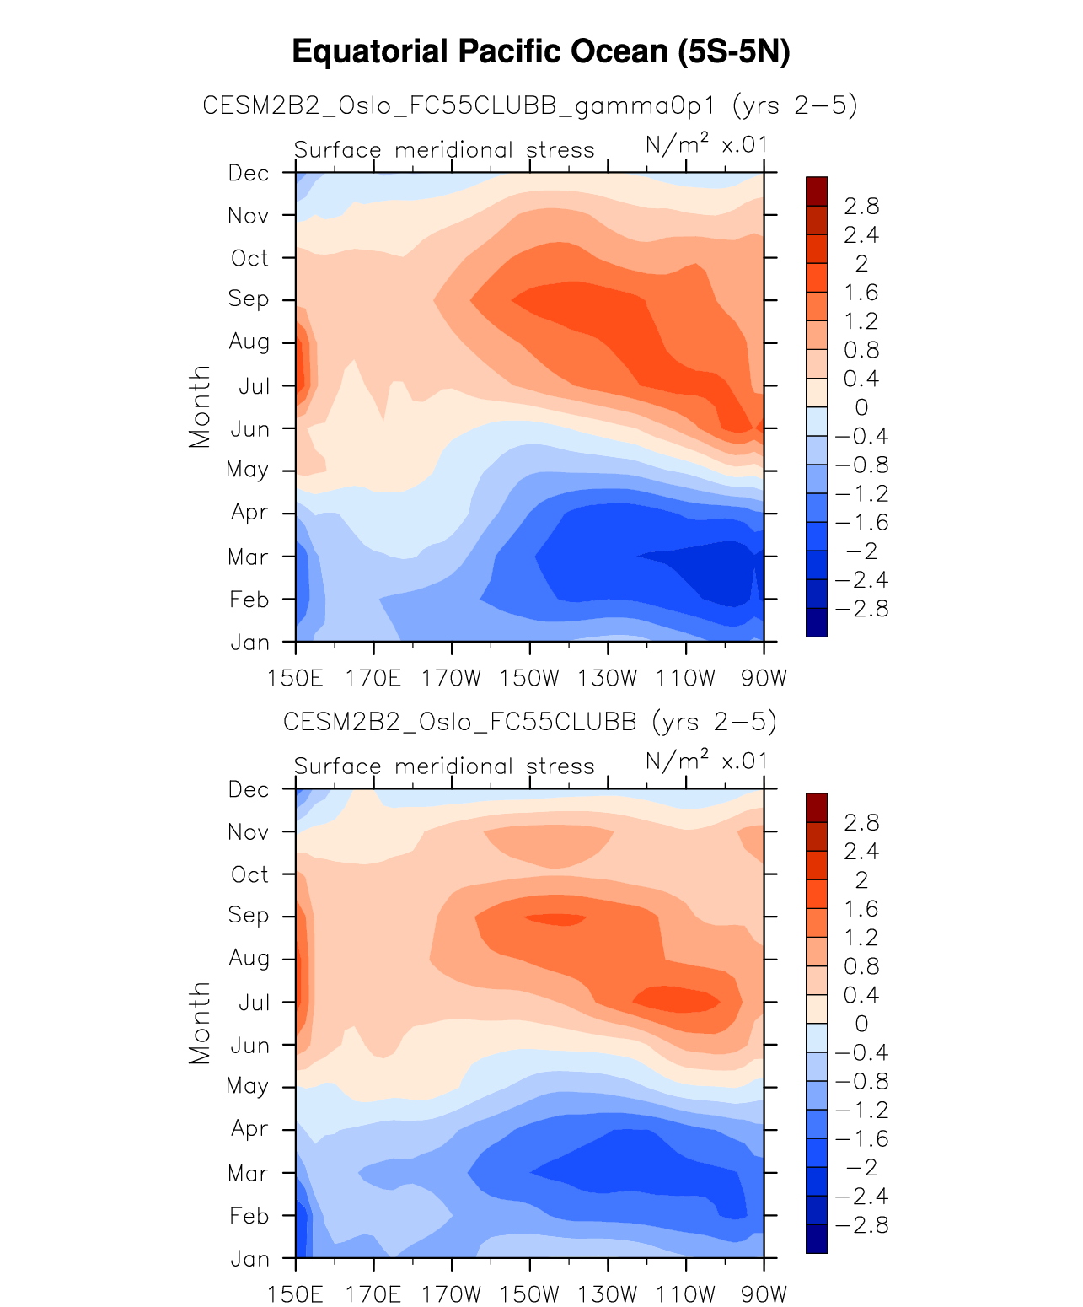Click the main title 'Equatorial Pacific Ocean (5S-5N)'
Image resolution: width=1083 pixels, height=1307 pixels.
(541, 52)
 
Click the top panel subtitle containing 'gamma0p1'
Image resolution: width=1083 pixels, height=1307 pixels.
(530, 105)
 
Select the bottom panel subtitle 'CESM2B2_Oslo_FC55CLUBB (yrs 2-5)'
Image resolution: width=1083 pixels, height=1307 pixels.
(530, 722)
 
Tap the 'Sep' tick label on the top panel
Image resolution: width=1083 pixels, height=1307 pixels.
(249, 299)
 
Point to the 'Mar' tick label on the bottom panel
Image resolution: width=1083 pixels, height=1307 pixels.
(249, 1173)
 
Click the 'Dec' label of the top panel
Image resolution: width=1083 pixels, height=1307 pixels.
(249, 173)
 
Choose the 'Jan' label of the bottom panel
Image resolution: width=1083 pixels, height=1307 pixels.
(250, 1259)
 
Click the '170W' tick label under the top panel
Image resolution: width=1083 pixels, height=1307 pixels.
(452, 678)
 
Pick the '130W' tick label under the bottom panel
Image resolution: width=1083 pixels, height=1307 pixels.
(608, 1294)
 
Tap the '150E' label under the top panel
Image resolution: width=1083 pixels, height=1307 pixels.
(296, 678)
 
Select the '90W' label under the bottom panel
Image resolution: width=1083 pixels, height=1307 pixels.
(764, 1294)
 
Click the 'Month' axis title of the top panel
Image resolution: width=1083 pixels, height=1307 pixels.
(200, 406)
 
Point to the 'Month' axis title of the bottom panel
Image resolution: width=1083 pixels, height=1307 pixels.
(200, 1023)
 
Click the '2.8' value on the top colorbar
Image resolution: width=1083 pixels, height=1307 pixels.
(861, 206)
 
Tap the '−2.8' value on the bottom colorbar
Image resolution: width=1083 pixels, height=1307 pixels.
(861, 1225)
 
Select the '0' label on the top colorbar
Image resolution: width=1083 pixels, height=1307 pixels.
(861, 407)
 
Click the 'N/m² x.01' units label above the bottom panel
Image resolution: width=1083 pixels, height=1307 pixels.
(706, 761)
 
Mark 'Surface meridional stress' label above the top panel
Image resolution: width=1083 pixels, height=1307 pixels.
(444, 150)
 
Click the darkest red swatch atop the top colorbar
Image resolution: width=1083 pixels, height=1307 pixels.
(817, 191)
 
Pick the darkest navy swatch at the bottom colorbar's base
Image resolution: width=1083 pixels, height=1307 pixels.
(817, 1239)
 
